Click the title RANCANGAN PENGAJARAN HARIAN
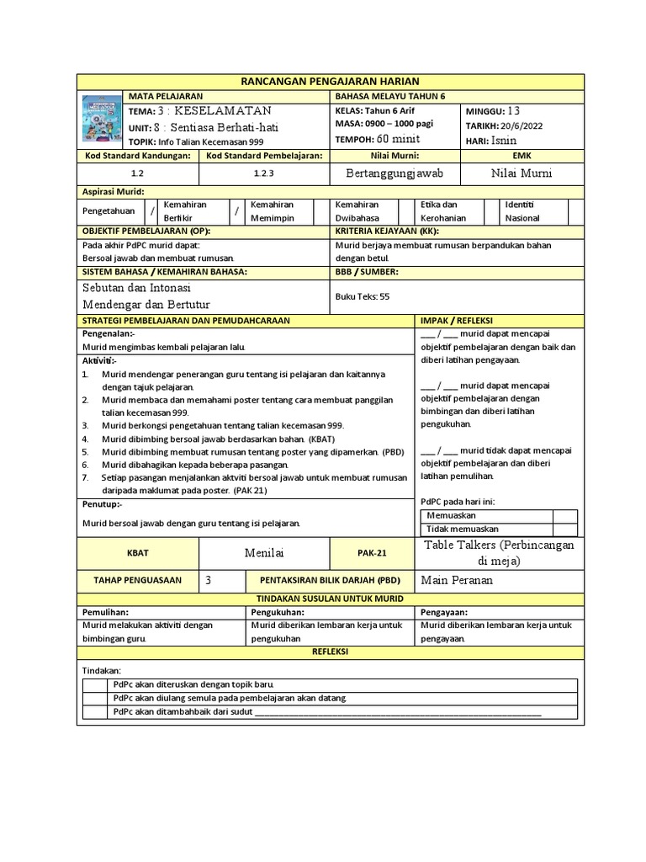(329, 81)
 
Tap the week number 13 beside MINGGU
(515, 110)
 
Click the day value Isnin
(504, 140)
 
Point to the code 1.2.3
(264, 173)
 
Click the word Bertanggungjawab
(394, 173)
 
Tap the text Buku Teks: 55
(363, 296)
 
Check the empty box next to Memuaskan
(564, 516)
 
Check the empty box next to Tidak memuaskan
(564, 529)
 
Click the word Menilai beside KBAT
(264, 552)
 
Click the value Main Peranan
(458, 581)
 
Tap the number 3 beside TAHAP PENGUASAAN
(208, 581)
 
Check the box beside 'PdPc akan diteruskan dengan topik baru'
(96, 684)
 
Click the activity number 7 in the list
(85, 476)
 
